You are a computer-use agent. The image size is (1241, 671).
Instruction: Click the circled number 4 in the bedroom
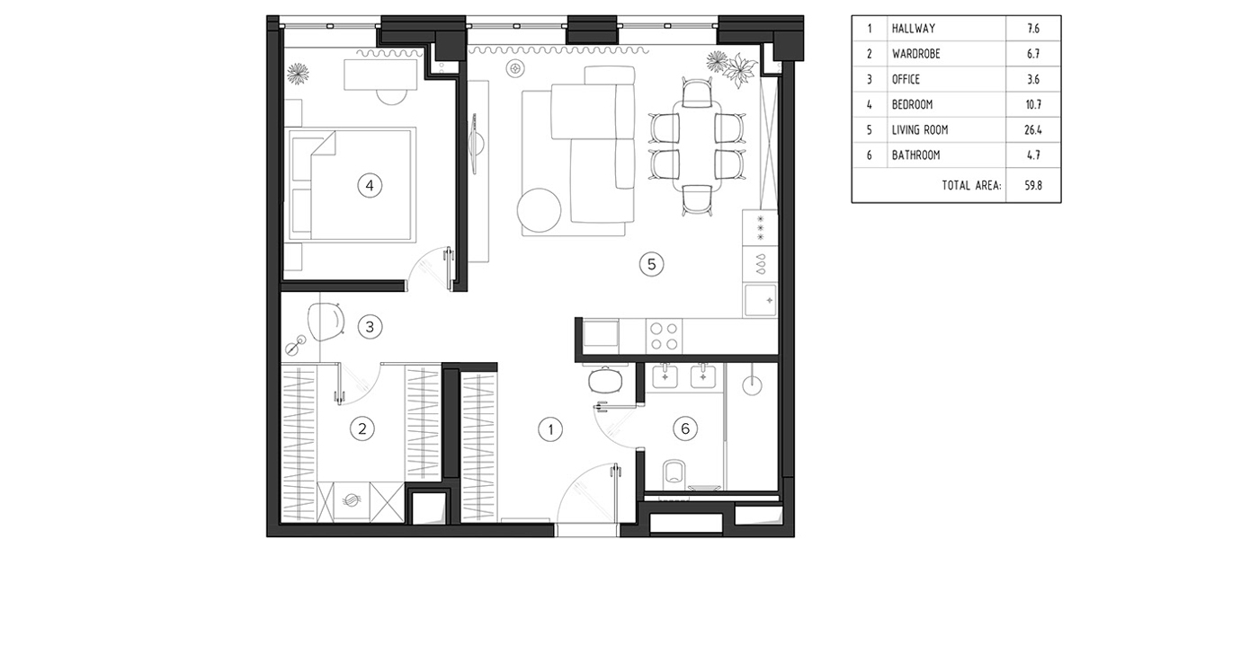click(370, 185)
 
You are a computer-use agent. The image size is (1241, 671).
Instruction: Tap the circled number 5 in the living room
click(651, 264)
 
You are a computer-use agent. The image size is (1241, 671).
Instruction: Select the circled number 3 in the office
click(370, 327)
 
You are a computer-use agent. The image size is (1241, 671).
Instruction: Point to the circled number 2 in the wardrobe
click(362, 428)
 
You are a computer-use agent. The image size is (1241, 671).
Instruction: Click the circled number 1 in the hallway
click(550, 429)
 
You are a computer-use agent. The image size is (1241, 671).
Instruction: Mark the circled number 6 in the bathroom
click(685, 428)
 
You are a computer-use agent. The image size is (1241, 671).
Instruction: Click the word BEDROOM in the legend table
click(912, 104)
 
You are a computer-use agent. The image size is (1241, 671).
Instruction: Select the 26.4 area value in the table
click(1033, 130)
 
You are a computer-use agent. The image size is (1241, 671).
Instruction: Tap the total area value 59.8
click(1033, 185)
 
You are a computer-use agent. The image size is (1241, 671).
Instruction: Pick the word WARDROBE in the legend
click(915, 54)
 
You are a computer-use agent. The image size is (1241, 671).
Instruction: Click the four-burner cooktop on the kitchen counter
click(664, 336)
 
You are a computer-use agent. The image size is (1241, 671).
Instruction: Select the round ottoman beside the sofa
click(539, 210)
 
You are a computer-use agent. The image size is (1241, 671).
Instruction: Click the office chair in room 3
click(326, 322)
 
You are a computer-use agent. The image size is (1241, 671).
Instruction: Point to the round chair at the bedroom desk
click(392, 96)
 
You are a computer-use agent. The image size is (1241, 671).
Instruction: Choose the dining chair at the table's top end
click(697, 93)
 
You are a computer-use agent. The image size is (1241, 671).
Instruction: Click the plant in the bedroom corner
click(298, 74)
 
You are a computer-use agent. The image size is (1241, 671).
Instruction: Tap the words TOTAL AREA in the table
click(972, 185)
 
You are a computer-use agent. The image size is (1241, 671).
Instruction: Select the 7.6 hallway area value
click(1033, 28)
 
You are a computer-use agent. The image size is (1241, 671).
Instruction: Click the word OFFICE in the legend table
click(906, 79)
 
